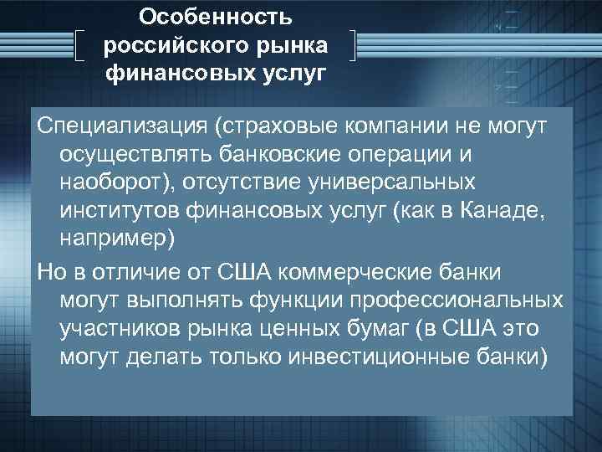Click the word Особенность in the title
[216, 17]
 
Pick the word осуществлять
[135, 155]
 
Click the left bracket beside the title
[80, 46]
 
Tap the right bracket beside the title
[355, 46]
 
